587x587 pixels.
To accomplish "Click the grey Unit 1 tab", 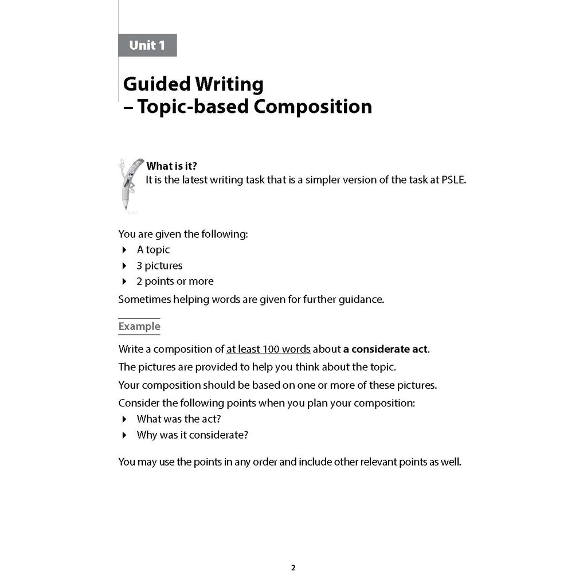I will click(x=147, y=45).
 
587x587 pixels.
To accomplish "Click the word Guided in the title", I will click(x=156, y=84).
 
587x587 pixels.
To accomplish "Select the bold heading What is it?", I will click(x=172, y=166).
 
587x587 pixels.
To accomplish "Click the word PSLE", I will click(x=453, y=179).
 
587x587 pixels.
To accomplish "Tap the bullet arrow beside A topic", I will click(x=124, y=250).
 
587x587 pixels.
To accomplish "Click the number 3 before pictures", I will click(x=139, y=265).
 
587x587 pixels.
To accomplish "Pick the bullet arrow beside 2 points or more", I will click(x=124, y=281).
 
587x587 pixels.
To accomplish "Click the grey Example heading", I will click(x=139, y=327).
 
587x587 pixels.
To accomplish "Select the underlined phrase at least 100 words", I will click(x=268, y=349).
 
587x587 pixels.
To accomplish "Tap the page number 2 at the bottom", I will click(x=293, y=568).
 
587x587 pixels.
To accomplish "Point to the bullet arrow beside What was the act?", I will click(x=124, y=419).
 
